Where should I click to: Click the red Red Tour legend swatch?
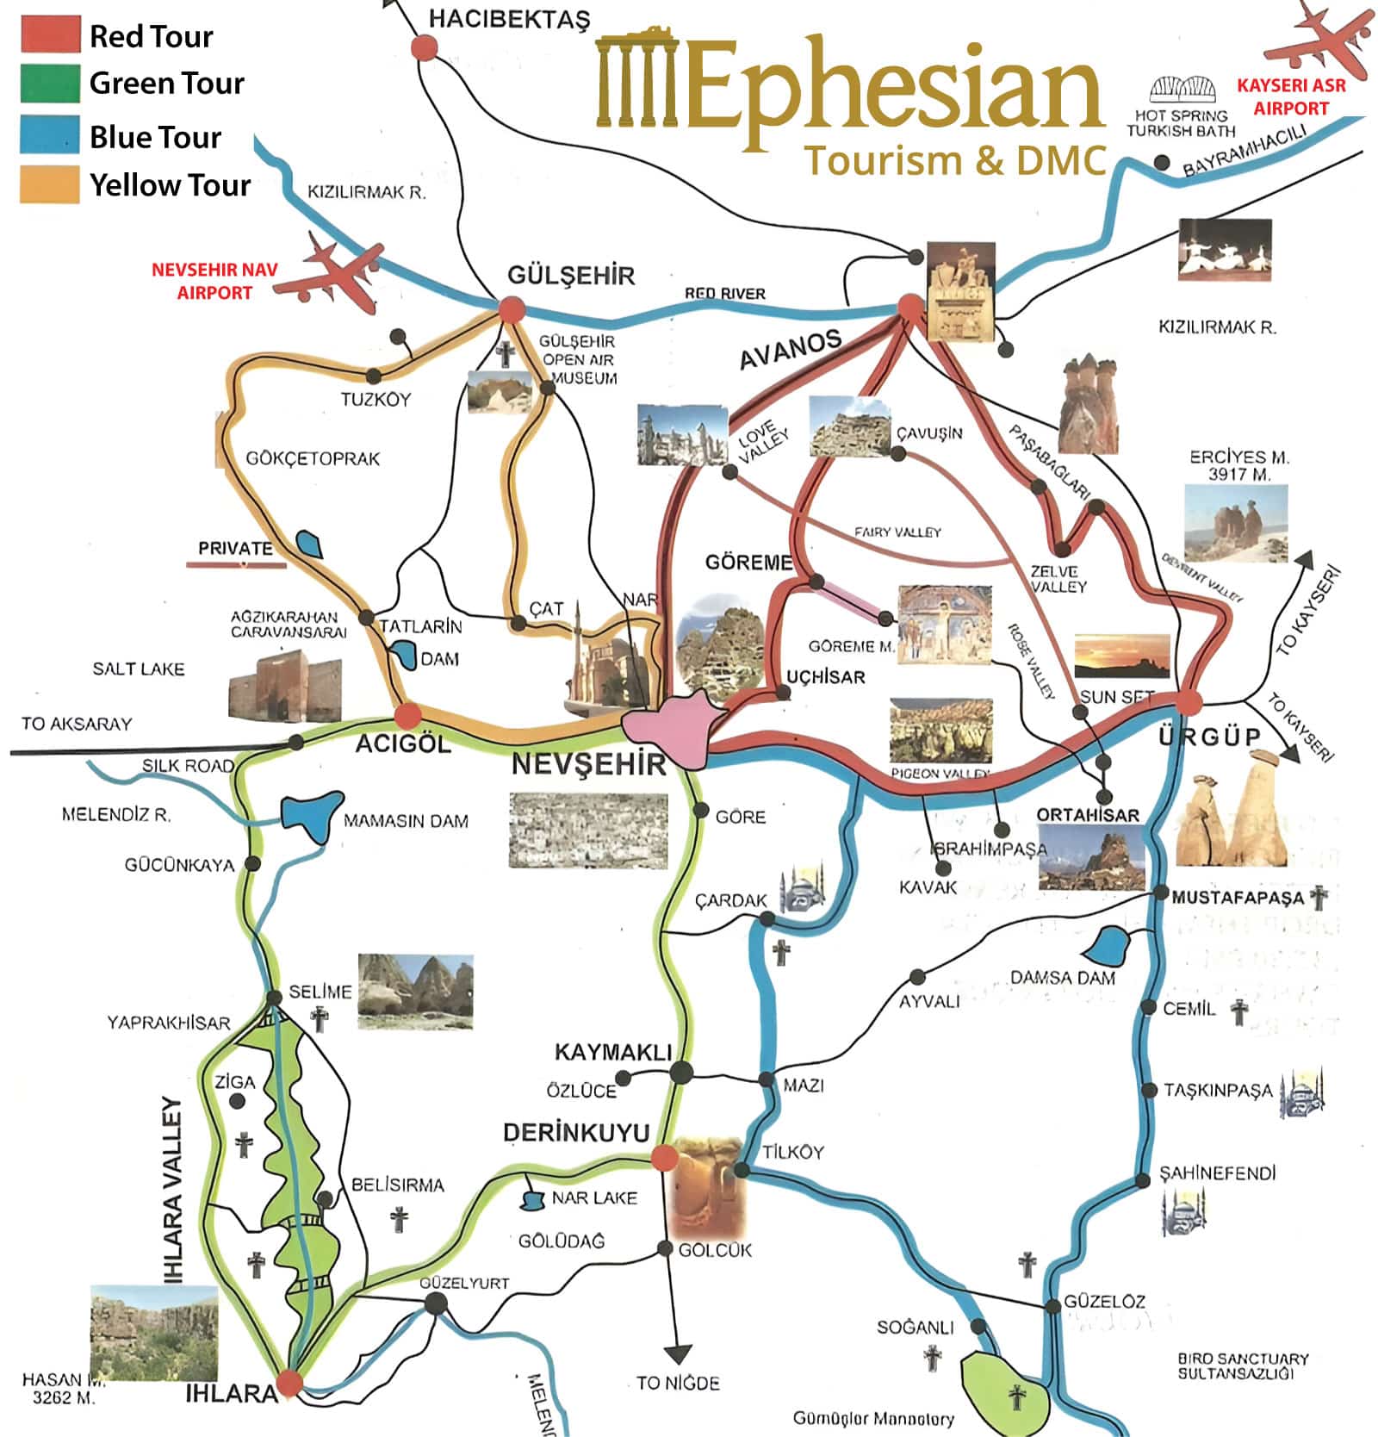(51, 35)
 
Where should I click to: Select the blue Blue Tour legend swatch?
(51, 134)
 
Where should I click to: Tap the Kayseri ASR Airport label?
(1290, 96)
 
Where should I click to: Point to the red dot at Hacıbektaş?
(424, 47)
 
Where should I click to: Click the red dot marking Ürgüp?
(1189, 702)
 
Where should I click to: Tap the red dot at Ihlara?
(289, 1384)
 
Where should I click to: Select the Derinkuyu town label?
(575, 1132)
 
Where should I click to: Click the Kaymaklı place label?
(612, 1052)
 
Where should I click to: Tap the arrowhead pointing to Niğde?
(678, 1354)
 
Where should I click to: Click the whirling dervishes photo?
(1224, 250)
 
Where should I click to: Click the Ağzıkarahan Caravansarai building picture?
(285, 689)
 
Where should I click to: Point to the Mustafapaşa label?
(1237, 897)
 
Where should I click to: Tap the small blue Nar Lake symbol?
(533, 1198)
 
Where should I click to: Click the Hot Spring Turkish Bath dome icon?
(1184, 90)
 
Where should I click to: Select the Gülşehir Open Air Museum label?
(578, 359)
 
